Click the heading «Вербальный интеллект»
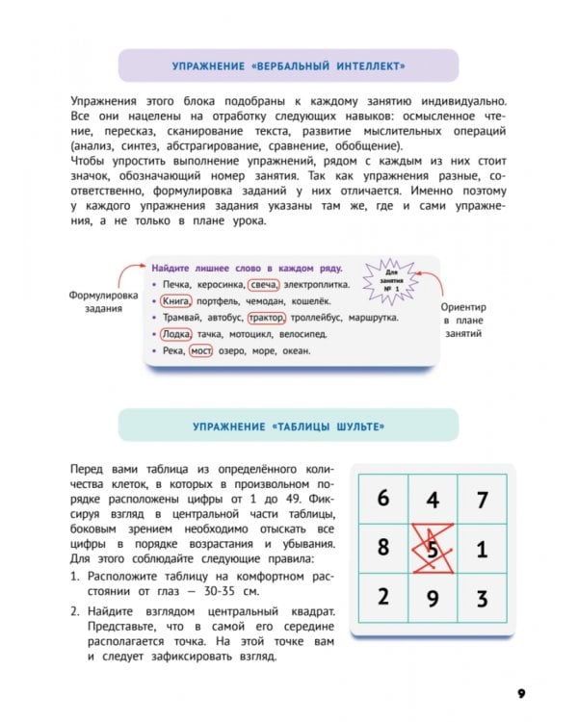point(288,66)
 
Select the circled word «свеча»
point(262,285)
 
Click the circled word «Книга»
point(176,301)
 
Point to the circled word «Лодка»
point(176,334)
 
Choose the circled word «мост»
point(200,351)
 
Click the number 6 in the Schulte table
point(382,499)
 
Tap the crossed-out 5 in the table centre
point(433,549)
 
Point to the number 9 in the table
point(433,599)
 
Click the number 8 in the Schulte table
point(382,549)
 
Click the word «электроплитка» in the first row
point(316,285)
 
